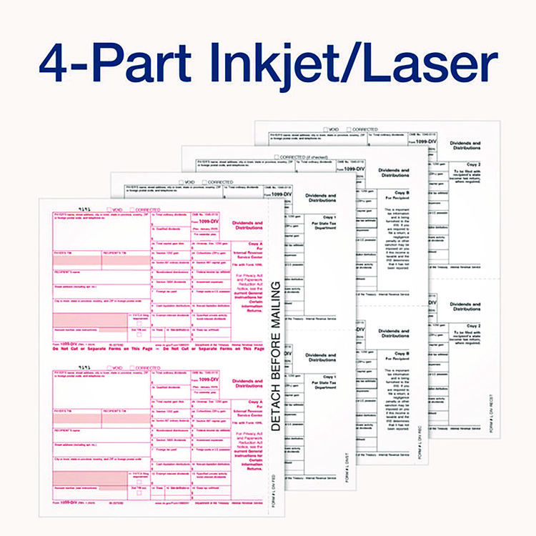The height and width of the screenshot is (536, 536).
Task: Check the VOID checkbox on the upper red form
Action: (109, 209)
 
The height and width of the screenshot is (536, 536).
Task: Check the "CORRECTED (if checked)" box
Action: (276, 157)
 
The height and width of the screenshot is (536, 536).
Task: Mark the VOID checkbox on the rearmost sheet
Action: (326, 129)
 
